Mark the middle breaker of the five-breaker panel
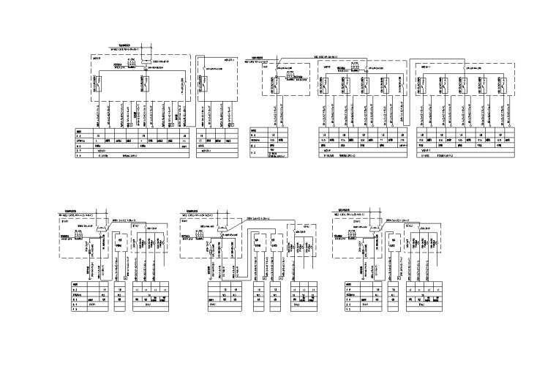pos(465,85)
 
